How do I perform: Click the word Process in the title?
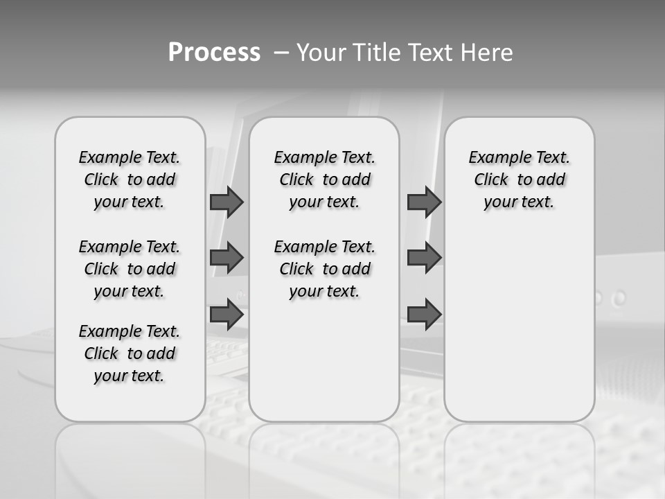[x=214, y=53]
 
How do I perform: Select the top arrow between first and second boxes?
[x=227, y=202]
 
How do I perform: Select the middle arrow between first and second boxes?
[x=227, y=258]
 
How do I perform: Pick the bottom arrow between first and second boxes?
[x=227, y=314]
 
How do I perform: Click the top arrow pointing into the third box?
[x=424, y=202]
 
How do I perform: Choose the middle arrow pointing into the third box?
[x=424, y=258]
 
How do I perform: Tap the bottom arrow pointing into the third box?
[x=424, y=314]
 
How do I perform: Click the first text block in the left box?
[x=130, y=180]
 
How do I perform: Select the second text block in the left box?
[x=130, y=269]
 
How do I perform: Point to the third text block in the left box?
[x=130, y=353]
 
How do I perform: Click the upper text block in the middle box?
[x=324, y=180]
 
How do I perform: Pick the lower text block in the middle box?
[x=324, y=269]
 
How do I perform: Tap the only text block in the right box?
[x=519, y=180]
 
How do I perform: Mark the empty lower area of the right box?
[x=519, y=326]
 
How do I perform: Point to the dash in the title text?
[x=281, y=53]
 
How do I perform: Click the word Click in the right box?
[x=491, y=180]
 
